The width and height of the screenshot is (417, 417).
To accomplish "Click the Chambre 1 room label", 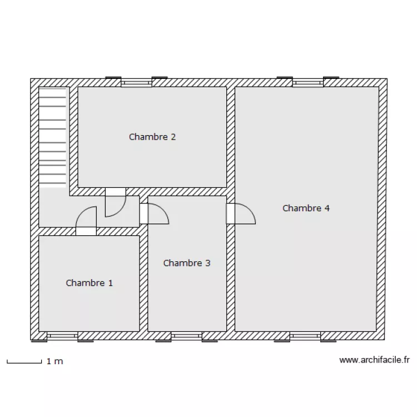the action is (x=90, y=283).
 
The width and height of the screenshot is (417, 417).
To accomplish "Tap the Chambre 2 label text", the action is (x=152, y=137).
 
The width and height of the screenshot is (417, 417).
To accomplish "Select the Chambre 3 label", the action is (x=187, y=264).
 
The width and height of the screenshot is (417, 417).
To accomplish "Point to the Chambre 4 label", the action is (x=306, y=209).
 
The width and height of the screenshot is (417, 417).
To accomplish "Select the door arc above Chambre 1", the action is (x=81, y=212).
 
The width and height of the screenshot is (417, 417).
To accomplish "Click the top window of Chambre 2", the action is (x=136, y=82).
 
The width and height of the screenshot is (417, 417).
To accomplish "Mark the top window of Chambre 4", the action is (x=308, y=82).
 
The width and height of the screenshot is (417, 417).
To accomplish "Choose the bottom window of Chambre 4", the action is (x=305, y=336).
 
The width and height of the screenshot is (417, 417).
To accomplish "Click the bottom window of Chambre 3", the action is (x=187, y=336).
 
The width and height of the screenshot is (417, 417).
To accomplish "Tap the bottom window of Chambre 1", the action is (x=62, y=336).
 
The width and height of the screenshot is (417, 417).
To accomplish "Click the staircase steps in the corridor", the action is (x=52, y=137).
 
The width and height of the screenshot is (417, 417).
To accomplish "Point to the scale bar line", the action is (x=24, y=363).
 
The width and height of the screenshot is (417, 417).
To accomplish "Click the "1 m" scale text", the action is (x=55, y=361).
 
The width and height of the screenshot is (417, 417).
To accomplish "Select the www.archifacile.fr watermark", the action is (x=374, y=360).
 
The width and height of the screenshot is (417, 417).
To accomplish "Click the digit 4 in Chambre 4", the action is (x=327, y=209).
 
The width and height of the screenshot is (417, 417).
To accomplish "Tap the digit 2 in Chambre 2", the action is (x=173, y=137).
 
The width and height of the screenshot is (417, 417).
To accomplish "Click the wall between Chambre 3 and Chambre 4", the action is (x=231, y=278).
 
